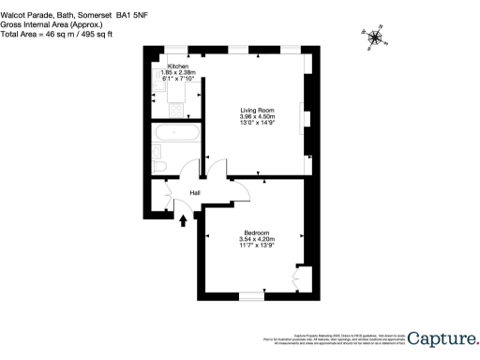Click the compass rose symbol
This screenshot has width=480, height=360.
tap(376, 37)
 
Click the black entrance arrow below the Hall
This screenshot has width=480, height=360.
tap(183, 222)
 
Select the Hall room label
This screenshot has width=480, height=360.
tap(195, 193)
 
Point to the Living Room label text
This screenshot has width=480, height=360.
tap(256, 110)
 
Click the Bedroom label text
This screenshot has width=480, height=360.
tap(257, 232)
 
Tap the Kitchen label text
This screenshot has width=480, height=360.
tap(177, 67)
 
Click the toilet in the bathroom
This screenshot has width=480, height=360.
tap(159, 168)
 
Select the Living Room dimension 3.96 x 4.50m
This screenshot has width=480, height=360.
tap(256, 116)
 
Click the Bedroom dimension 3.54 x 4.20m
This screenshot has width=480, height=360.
tap(257, 239)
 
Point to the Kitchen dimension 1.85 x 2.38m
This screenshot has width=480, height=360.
tap(177, 72)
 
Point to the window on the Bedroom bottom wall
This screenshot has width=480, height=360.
tap(251, 295)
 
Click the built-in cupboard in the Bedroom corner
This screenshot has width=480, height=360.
tap(302, 278)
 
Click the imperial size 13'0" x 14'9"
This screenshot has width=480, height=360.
tap(256, 123)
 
